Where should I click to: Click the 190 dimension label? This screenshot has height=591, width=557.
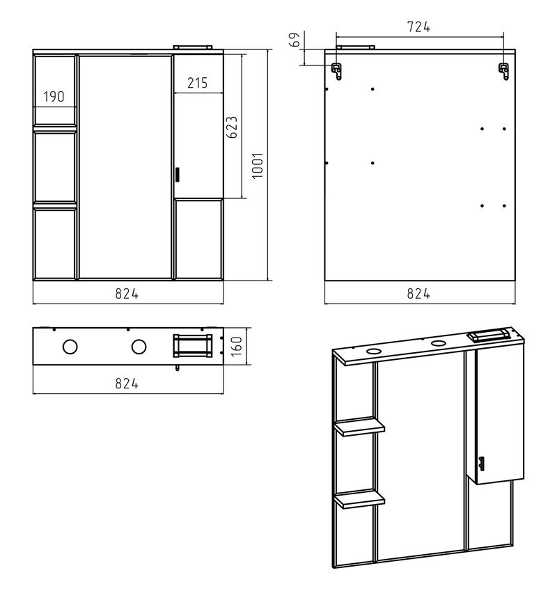[x=54, y=97]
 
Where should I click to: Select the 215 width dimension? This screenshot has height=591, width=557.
[x=198, y=83]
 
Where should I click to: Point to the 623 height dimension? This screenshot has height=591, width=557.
[x=232, y=127]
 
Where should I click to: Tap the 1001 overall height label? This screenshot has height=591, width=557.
[x=257, y=166]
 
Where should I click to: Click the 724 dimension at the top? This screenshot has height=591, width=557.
[x=418, y=27]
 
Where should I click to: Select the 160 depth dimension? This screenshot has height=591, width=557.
[x=236, y=346]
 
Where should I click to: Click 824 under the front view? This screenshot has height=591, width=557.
[x=127, y=294]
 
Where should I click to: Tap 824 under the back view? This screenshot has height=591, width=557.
[x=418, y=294]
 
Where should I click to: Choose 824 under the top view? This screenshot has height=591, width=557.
[x=127, y=384]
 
